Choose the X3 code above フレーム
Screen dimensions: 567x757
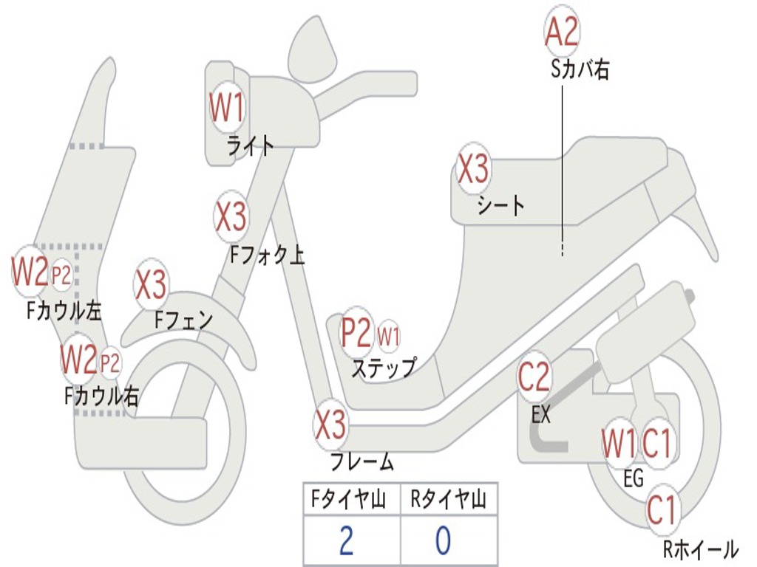pyautogui.click(x=330, y=425)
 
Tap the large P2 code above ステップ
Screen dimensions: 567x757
pyautogui.click(x=356, y=333)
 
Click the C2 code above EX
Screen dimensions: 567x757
pyautogui.click(x=534, y=377)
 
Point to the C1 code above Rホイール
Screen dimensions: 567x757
pyautogui.click(x=662, y=509)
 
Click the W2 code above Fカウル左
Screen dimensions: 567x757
pyautogui.click(x=30, y=272)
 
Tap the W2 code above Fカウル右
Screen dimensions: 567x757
pyautogui.click(x=78, y=359)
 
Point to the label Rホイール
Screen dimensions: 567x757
pyautogui.click(x=699, y=549)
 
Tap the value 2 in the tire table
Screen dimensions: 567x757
pyautogui.click(x=346, y=540)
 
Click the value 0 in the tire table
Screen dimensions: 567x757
pyautogui.click(x=443, y=540)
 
